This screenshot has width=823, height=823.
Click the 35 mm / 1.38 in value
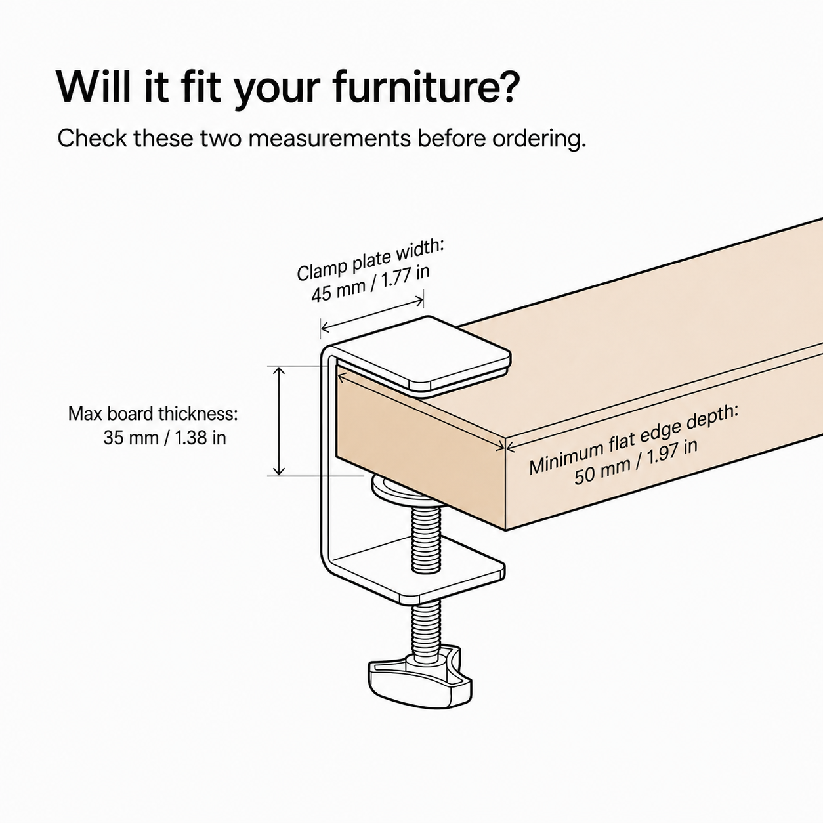coord(165,438)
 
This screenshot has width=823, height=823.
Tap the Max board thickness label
coord(153,414)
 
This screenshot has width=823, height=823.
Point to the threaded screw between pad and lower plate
coord(425,538)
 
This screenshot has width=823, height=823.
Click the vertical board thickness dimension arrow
coord(278,421)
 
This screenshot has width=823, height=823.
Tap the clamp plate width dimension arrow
coord(372,314)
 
